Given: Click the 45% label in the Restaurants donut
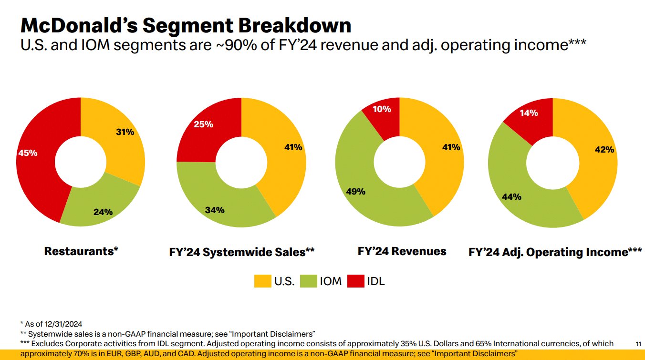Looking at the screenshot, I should click(28, 153).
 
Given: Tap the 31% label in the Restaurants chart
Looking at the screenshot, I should click(125, 132).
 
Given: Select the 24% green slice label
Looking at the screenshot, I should click(103, 212).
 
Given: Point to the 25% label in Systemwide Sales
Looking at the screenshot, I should click(203, 124).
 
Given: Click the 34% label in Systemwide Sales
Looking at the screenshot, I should click(215, 210).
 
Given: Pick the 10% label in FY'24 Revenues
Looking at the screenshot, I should click(381, 109).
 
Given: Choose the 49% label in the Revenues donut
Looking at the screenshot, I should click(355, 192).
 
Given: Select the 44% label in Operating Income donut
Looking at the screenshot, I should click(511, 196).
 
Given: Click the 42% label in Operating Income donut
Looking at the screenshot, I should click(604, 150).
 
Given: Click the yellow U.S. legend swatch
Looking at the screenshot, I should click(262, 281).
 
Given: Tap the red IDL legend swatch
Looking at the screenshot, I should click(355, 281).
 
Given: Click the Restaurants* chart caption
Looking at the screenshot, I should click(81, 251).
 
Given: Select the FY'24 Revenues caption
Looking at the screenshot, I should click(402, 251).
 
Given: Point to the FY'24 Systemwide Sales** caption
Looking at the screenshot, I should click(241, 252).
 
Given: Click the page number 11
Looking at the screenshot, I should click(639, 344).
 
